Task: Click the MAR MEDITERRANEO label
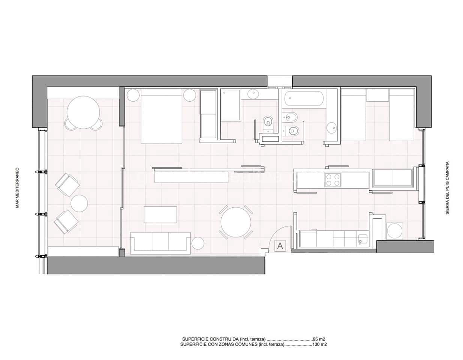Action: click(x=17, y=193)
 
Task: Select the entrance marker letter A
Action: click(x=280, y=246)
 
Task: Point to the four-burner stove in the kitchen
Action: click(x=333, y=180)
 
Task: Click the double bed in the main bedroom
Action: click(x=161, y=116)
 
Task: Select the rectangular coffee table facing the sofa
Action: click(x=161, y=214)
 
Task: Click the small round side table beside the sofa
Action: click(x=198, y=243)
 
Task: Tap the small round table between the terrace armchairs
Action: click(x=79, y=204)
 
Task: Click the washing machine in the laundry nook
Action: click(x=394, y=230)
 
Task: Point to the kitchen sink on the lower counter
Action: click(x=362, y=239)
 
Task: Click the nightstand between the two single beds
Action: click(x=377, y=95)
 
